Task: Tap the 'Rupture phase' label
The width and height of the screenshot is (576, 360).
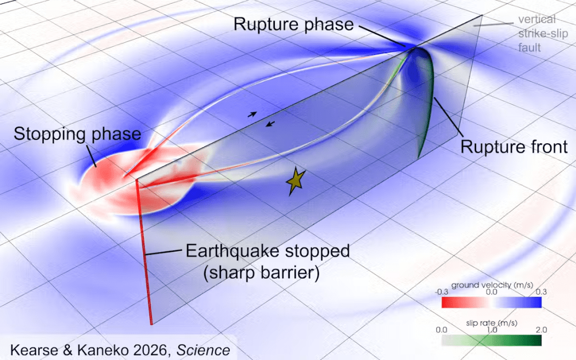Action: click(293, 25)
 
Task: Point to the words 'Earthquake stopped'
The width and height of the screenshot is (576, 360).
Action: click(268, 252)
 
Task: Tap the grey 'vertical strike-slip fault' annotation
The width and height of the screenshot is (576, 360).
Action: click(538, 33)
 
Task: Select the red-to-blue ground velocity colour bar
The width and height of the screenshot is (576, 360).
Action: click(491, 302)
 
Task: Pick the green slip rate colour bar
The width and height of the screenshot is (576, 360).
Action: click(491, 340)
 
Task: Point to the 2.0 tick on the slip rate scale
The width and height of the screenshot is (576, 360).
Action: click(535, 330)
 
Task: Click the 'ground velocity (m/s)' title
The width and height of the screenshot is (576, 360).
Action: click(490, 285)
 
